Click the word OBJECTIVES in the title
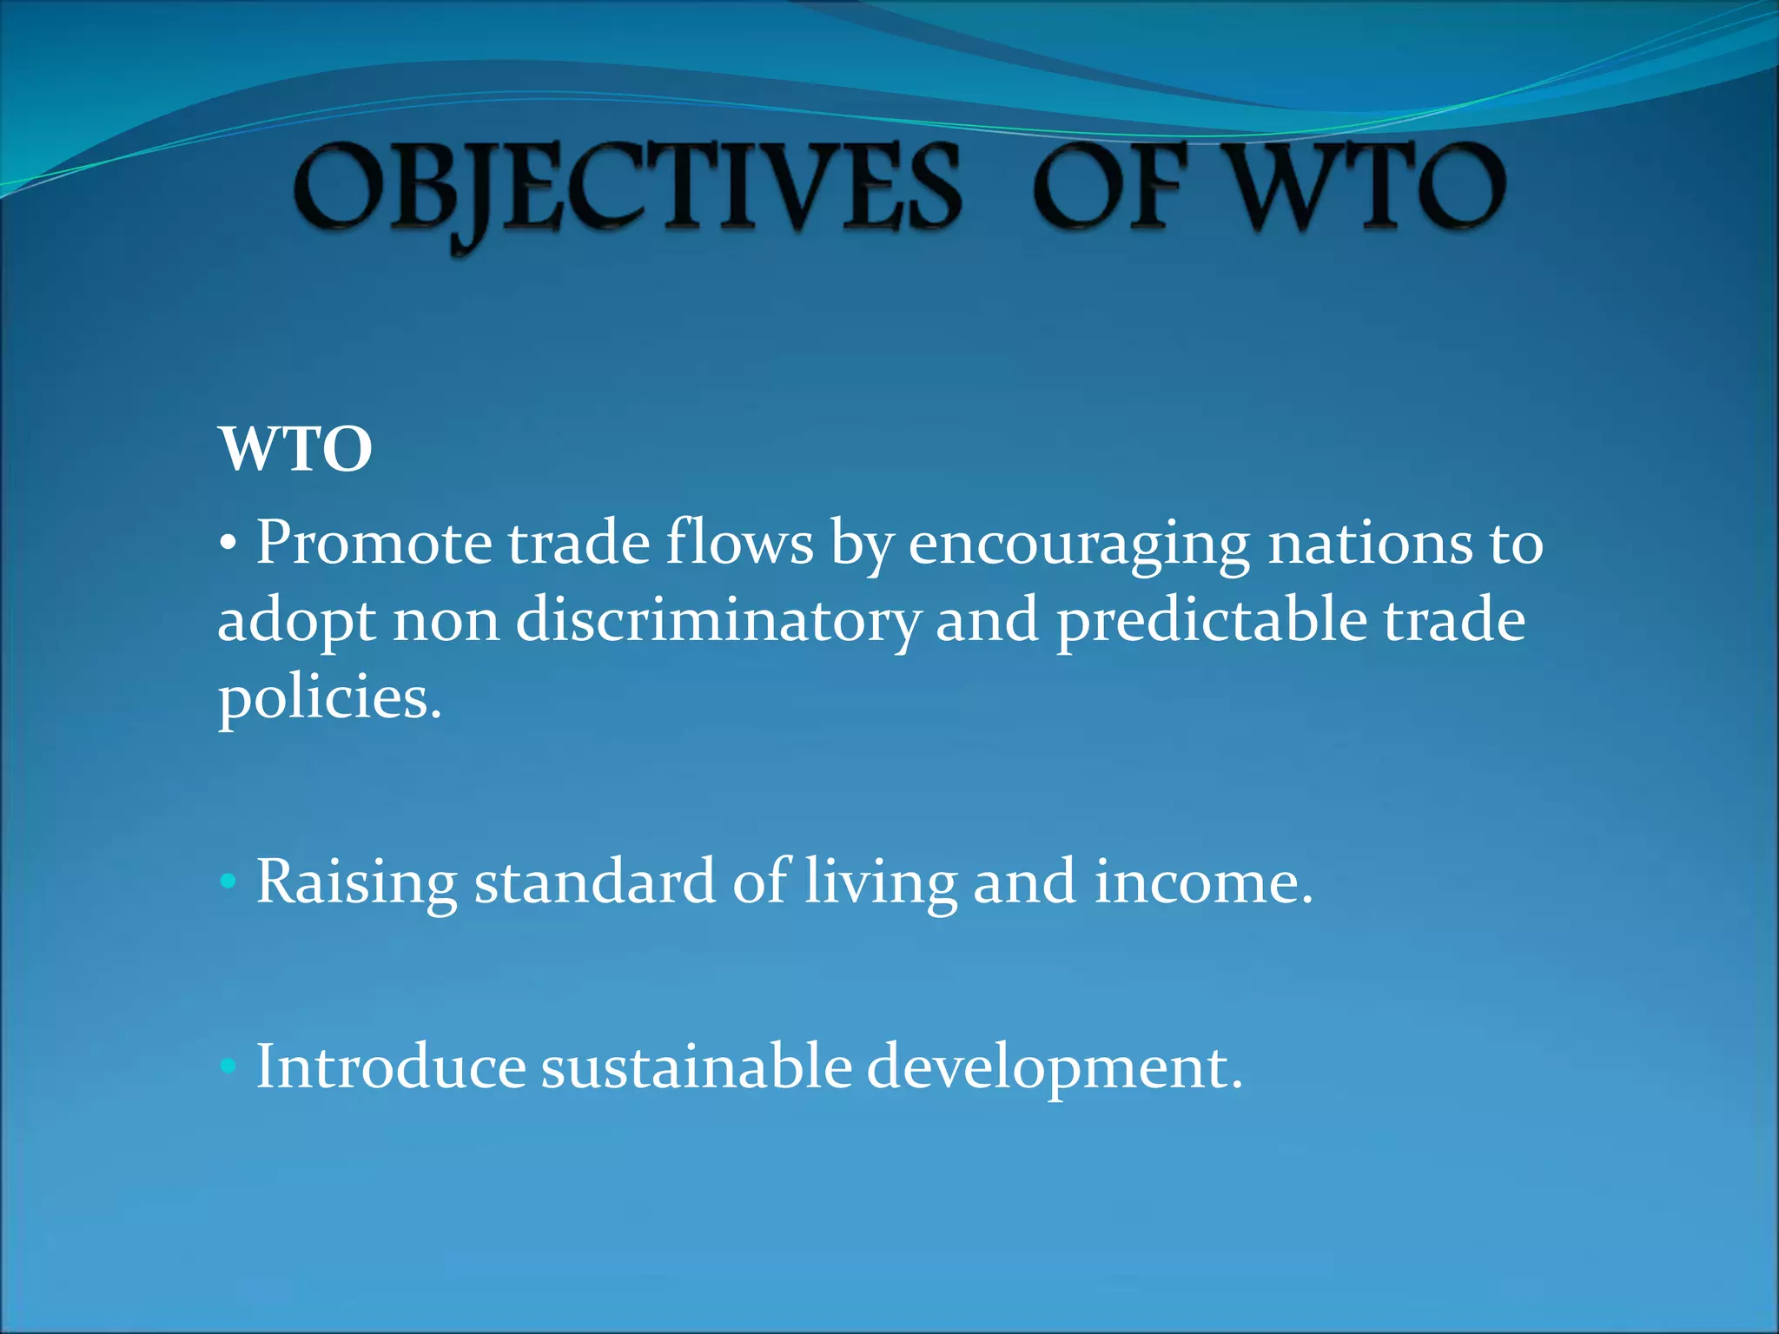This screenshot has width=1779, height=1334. click(627, 189)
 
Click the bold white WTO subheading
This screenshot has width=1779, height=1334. click(295, 449)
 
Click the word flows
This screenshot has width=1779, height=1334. click(739, 544)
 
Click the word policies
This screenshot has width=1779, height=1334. click(329, 700)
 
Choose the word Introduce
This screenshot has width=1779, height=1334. click(391, 1067)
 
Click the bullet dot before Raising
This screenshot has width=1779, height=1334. click(228, 882)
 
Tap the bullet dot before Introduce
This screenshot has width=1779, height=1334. click(228, 1066)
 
